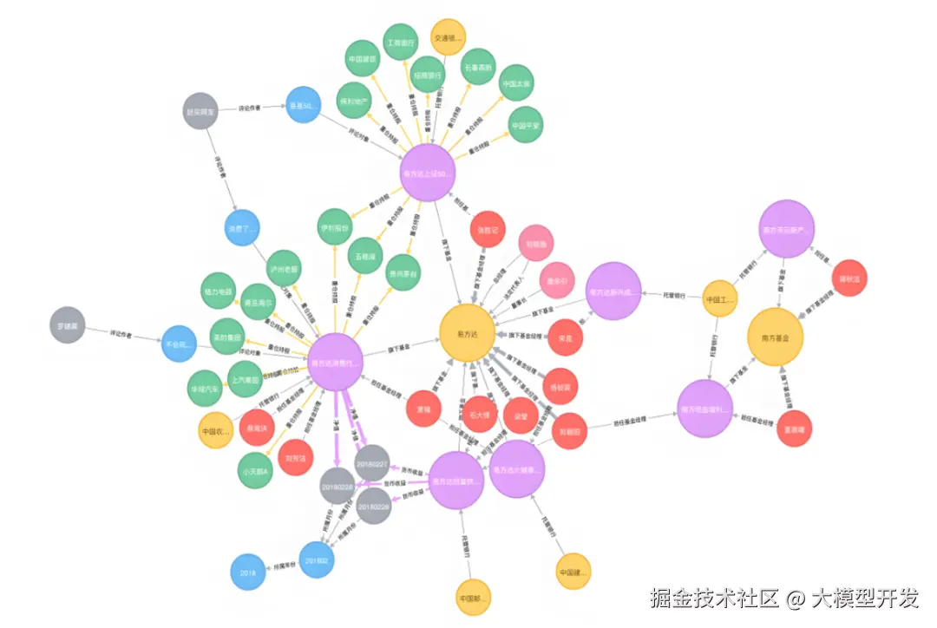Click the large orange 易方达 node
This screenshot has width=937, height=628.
click(467, 332)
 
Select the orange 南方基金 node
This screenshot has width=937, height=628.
click(776, 336)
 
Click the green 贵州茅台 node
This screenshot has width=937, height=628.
click(403, 272)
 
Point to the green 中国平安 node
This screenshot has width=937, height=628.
click(526, 126)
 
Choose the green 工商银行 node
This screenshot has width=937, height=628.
click(400, 42)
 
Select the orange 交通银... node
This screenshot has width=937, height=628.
click(449, 37)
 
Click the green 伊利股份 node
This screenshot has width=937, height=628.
click(334, 227)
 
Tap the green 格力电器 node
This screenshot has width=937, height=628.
click(218, 291)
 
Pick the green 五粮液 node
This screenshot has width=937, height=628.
click(365, 257)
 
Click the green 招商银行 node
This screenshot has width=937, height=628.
click(428, 75)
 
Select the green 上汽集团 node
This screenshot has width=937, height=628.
click(246, 379)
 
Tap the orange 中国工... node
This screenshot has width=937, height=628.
click(719, 299)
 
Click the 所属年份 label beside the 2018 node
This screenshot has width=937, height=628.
click(287, 566)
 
